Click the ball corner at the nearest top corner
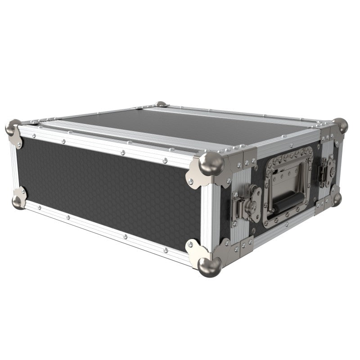pos(211,163)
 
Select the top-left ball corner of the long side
pos(13,127)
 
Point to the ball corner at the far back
pos(161,104)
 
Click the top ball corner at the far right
pos(341,125)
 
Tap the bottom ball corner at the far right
pos(336,198)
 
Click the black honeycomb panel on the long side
pos(108,193)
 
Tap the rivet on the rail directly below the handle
pos(288,228)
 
